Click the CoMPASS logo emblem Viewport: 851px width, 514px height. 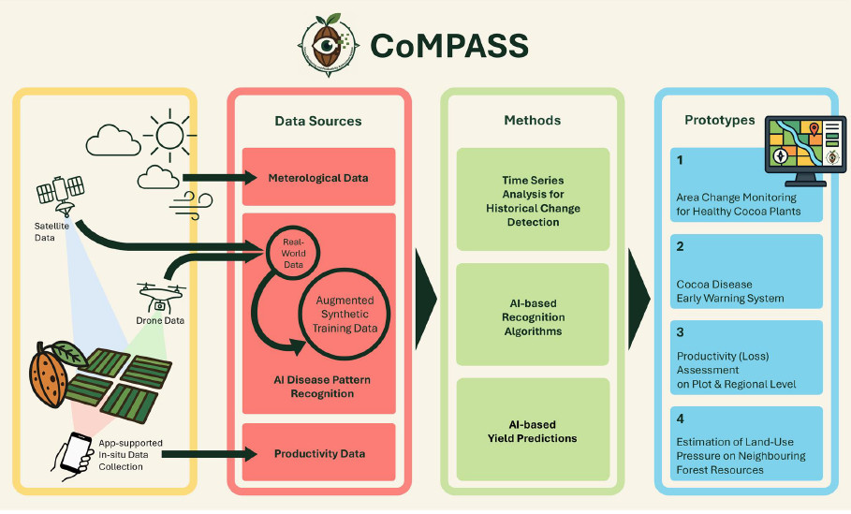pyautogui.click(x=328, y=44)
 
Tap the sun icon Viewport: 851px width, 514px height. pyautogui.click(x=170, y=134)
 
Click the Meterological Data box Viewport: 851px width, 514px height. pyautogui.click(x=318, y=178)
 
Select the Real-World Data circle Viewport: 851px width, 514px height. pyautogui.click(x=288, y=252)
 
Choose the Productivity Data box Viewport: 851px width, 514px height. pyautogui.click(x=318, y=454)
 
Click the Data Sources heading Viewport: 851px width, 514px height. pyautogui.click(x=317, y=121)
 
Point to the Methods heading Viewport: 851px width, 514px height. pyautogui.click(x=532, y=120)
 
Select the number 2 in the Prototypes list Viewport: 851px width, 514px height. pyautogui.click(x=681, y=247)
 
